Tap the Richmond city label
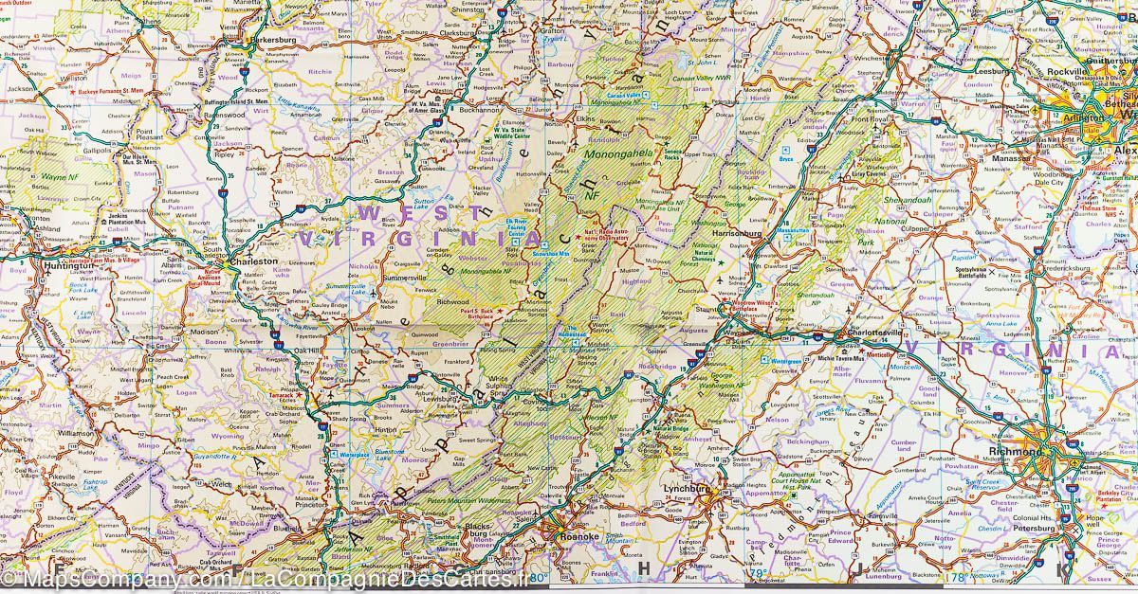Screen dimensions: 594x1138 (1016, 452)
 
